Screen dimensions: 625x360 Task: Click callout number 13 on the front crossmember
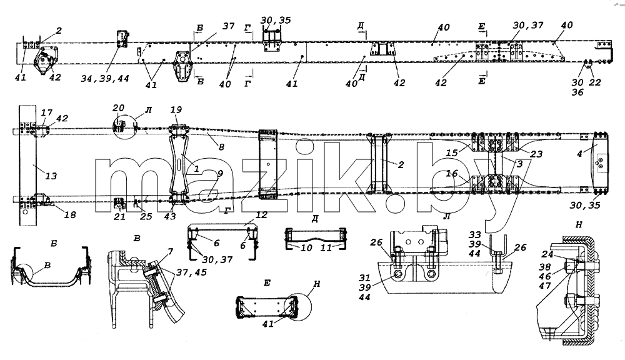[51, 176]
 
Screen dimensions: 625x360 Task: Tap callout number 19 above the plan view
[176, 109]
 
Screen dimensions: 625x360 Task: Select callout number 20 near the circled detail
[118, 107]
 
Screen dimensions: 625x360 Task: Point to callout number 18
[70, 215]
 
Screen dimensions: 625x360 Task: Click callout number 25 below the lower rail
[146, 216]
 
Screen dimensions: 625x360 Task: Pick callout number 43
[170, 216]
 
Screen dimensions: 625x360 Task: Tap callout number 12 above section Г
[261, 215]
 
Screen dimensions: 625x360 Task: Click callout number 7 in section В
[170, 251]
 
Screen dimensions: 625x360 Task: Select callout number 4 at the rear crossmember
[579, 154]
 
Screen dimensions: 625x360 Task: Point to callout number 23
[536, 154]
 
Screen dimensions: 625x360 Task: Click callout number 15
[452, 152]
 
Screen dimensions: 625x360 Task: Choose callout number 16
[452, 173]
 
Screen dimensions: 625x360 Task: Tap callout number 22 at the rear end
[595, 82]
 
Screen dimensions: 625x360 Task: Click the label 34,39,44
[105, 79]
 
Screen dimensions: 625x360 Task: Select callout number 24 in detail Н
[547, 254]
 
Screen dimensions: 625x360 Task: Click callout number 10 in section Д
[306, 248]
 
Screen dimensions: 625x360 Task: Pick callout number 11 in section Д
[326, 248]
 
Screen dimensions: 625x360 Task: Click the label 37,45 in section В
[191, 272]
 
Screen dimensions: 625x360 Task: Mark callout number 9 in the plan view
[220, 174]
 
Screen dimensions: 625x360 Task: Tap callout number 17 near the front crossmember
[47, 113]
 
